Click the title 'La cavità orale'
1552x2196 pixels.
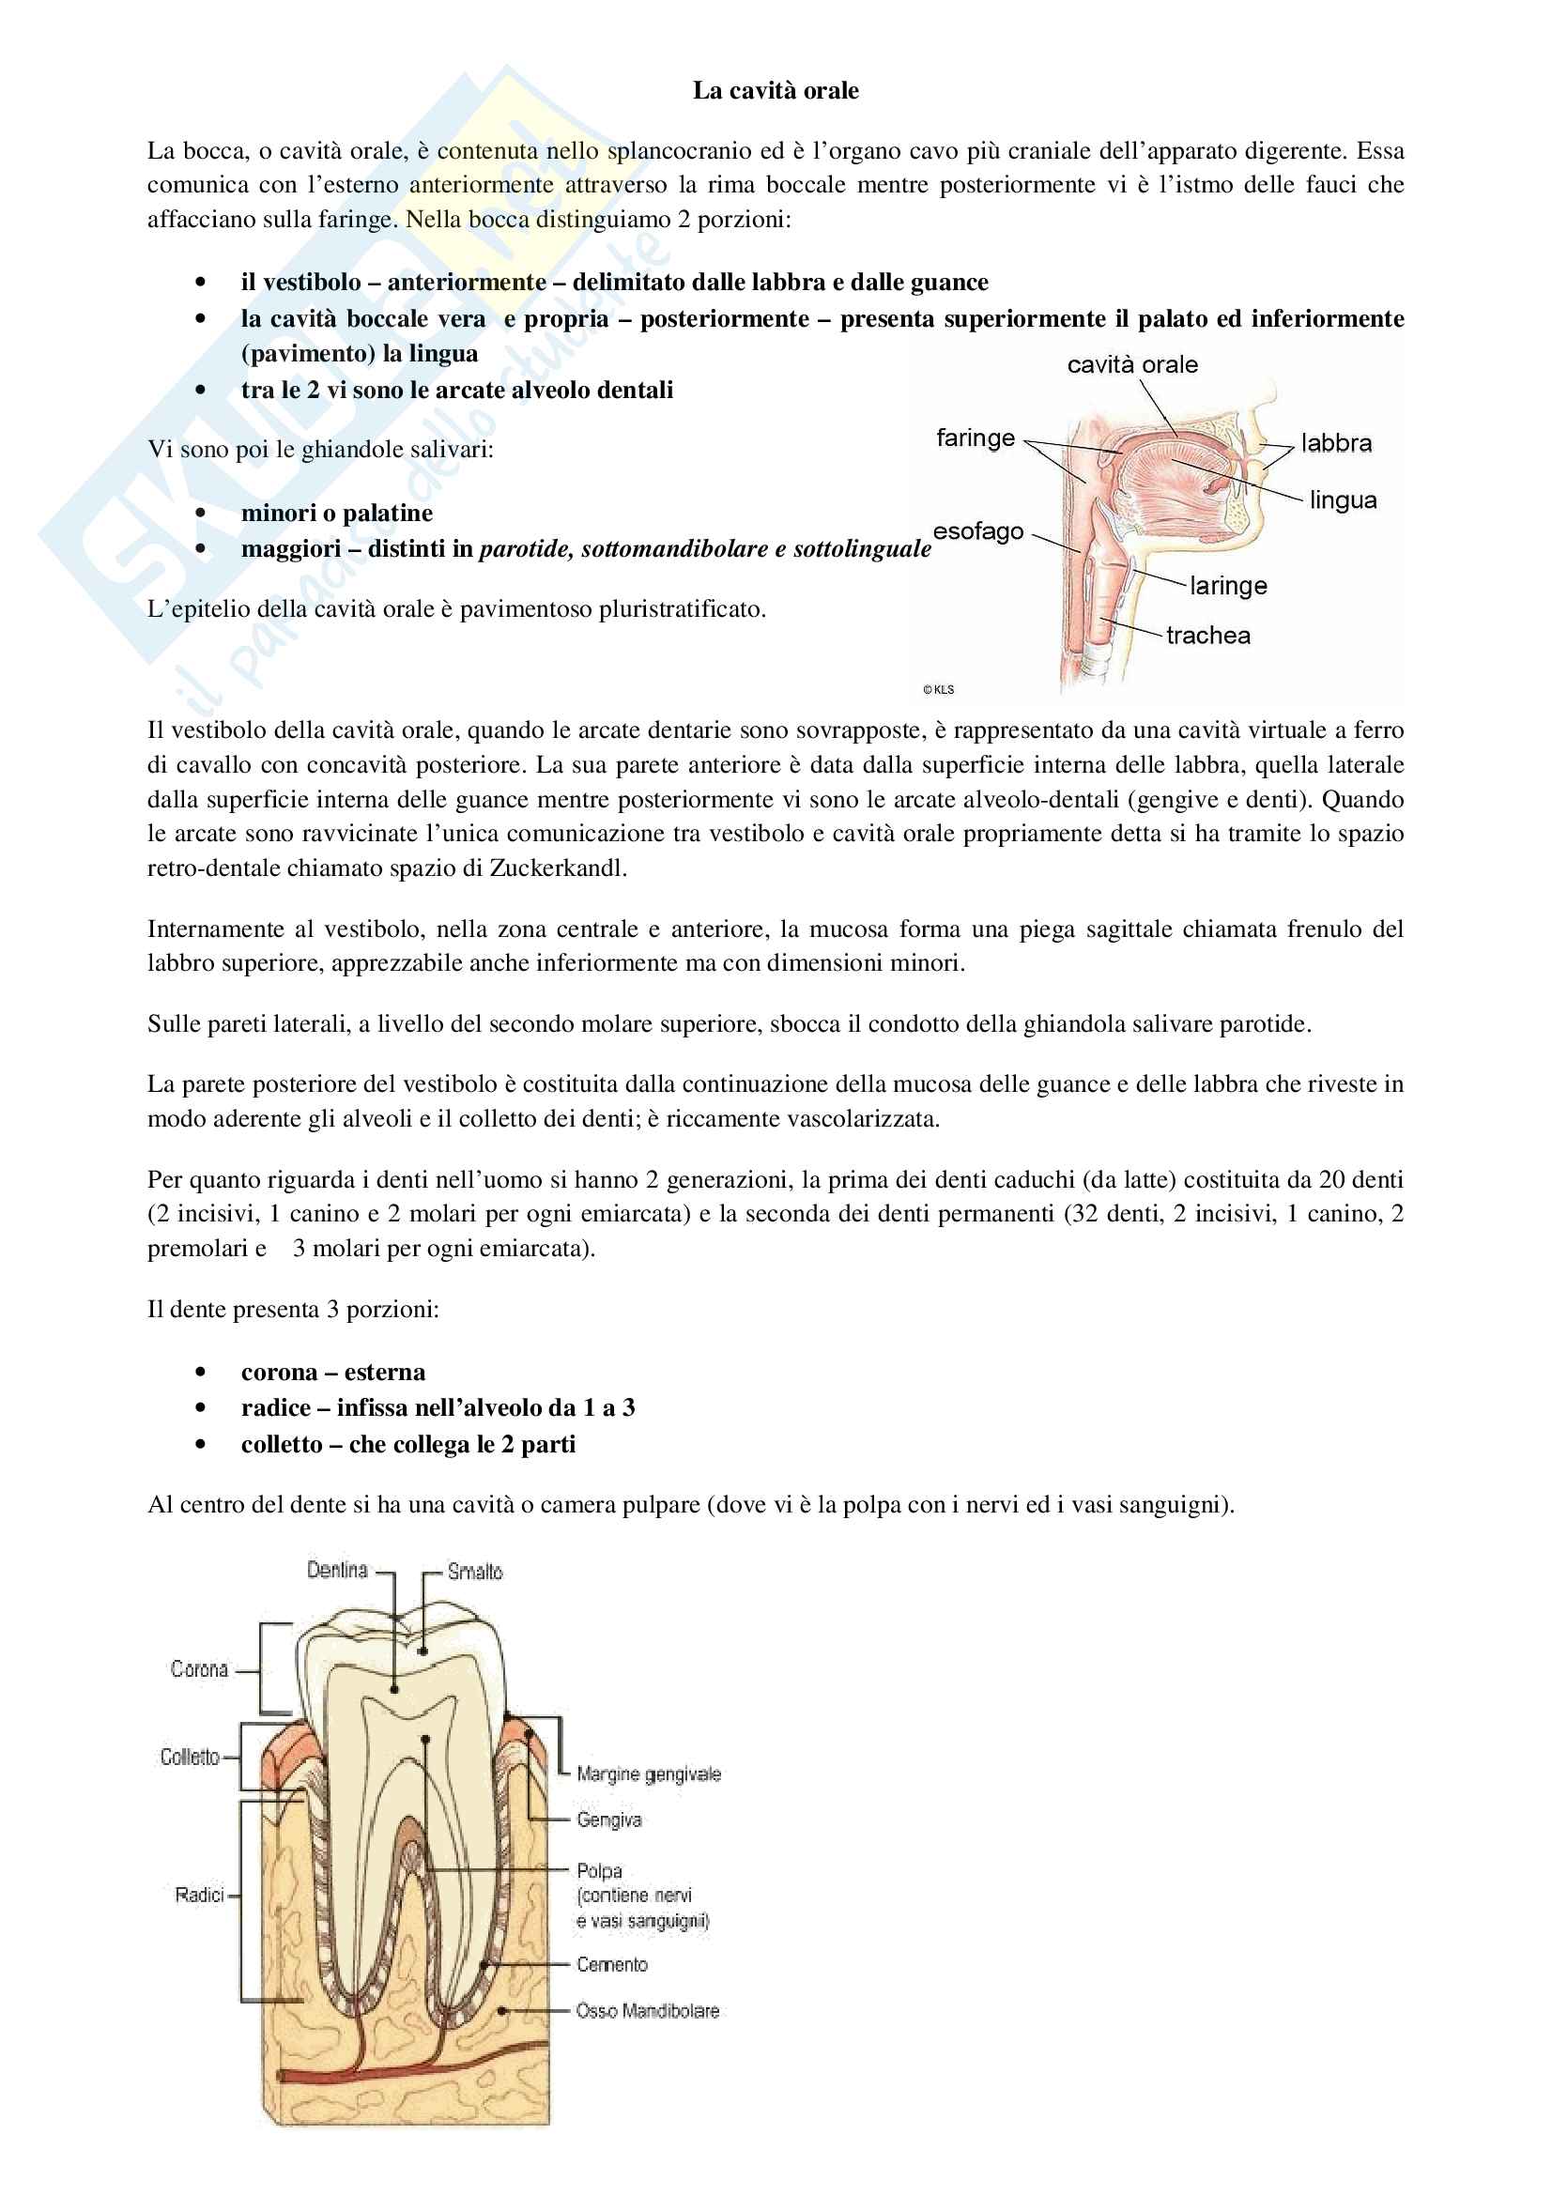776,91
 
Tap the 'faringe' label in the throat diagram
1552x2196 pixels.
975,438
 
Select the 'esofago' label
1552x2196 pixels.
977,530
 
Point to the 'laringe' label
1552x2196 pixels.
1228,585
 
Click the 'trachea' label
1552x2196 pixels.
1207,635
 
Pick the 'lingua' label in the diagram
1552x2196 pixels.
1343,500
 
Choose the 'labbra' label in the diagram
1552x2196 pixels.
1336,443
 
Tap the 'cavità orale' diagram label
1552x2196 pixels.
1132,364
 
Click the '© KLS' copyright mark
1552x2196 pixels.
938,690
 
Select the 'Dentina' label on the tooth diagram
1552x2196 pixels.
337,1570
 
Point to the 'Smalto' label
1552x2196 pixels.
475,1572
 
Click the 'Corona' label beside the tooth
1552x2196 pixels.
199,1669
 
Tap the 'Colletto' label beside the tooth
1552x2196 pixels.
190,1757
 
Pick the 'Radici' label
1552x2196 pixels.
199,1895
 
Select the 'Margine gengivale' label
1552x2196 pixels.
649,1774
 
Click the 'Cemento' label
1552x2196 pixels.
612,1964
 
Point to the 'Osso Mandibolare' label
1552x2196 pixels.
648,2010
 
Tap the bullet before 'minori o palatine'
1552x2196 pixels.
200,514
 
